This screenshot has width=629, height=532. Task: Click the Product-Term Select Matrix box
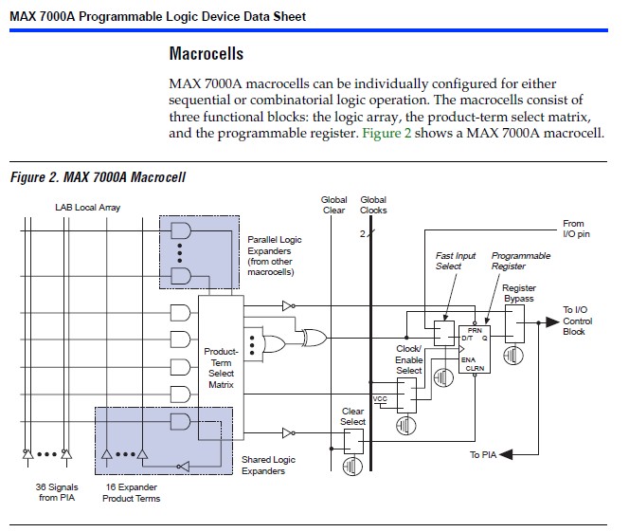point(221,368)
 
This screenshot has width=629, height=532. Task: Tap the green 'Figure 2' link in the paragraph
point(386,133)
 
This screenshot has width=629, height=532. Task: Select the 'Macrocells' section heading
point(207,54)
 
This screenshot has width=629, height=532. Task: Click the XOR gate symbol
point(314,338)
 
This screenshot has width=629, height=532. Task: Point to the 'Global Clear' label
point(333,205)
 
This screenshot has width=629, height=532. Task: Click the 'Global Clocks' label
point(373,205)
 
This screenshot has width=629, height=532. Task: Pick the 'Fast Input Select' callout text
point(456,261)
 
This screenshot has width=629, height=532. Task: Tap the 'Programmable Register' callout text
point(521,261)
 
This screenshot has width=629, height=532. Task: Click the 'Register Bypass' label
point(519,293)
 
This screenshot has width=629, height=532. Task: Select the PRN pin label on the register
point(475,330)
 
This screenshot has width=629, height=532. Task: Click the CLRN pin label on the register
point(475,368)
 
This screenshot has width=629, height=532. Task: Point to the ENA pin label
point(468,359)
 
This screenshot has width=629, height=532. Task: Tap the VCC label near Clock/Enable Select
point(380,398)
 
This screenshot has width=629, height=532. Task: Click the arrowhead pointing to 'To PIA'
point(506,454)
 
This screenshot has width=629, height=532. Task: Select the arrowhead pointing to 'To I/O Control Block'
point(552,322)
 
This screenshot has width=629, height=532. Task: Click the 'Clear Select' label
point(352,416)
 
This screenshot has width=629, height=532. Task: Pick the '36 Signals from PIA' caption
point(57,492)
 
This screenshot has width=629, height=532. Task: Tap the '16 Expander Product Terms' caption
point(131,493)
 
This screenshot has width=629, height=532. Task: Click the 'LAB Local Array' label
point(88,208)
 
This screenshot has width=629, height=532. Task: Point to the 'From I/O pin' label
point(576,229)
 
